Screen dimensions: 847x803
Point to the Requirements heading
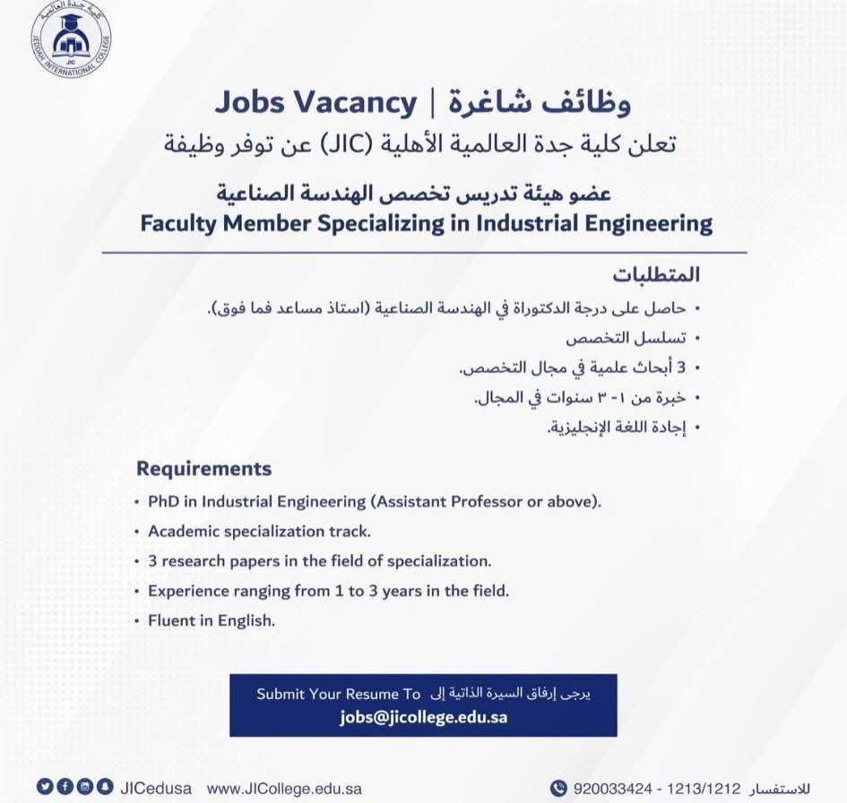coord(203,469)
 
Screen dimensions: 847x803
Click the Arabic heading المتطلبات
coord(656,274)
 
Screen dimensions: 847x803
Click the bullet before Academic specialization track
coord(137,532)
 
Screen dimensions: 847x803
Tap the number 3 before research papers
coord(152,562)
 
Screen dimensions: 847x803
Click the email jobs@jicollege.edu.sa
coord(423,717)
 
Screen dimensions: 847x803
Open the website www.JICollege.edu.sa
coord(284,789)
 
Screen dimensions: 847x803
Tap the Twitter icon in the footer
coord(44,787)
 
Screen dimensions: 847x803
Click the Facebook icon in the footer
coord(65,787)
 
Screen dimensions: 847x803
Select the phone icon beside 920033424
coord(558,789)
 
